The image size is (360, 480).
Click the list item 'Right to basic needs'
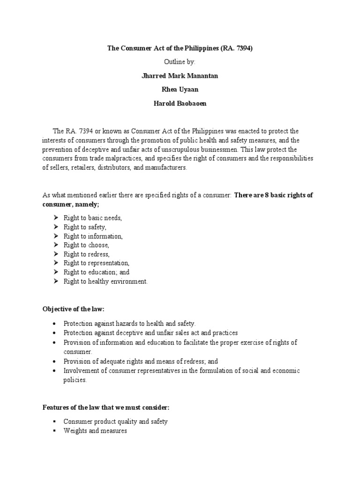(x=93, y=218)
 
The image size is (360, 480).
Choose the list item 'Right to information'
(x=93, y=236)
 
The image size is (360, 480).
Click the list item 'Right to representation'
(x=96, y=263)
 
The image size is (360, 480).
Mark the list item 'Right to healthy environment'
(x=105, y=281)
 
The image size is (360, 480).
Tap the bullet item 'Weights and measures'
(x=95, y=430)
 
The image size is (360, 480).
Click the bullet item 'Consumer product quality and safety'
(x=115, y=421)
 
